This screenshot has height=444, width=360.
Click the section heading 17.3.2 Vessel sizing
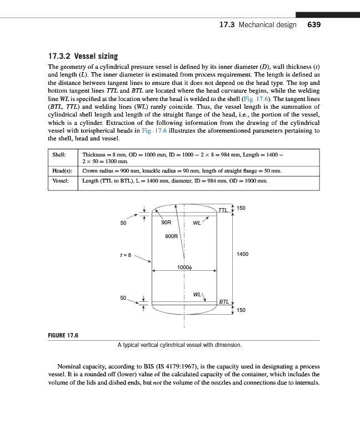point(83,56)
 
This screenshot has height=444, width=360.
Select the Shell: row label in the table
point(59,154)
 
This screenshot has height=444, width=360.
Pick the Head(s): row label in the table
point(62,170)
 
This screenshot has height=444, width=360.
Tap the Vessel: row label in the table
point(61,181)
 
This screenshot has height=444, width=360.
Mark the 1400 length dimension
point(242,254)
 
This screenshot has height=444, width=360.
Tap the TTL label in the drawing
point(223,210)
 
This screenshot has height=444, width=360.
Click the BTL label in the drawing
point(223,302)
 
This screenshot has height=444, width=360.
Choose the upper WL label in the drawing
point(196,224)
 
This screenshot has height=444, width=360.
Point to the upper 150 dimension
point(241,208)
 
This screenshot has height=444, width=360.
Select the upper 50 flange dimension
point(123,223)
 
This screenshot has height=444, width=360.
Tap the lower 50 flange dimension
point(123,297)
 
